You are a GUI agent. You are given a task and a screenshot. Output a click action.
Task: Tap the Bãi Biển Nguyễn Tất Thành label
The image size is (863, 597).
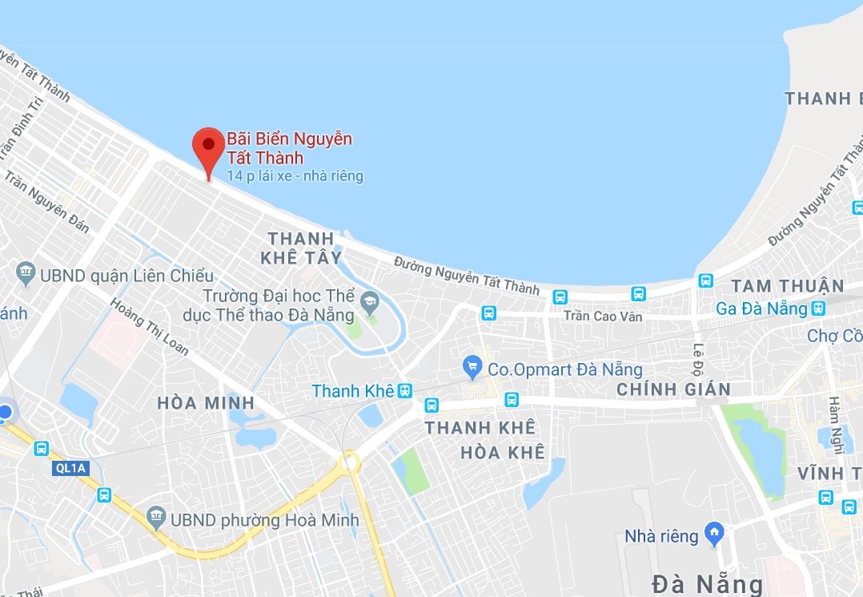(289, 148)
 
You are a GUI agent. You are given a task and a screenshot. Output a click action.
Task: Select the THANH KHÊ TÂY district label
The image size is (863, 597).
(301, 248)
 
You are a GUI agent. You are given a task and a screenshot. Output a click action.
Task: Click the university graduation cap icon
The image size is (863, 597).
(369, 303)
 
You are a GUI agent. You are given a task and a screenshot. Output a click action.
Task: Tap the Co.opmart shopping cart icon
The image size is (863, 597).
(472, 368)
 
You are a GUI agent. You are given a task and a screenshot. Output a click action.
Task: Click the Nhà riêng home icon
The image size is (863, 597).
(713, 533)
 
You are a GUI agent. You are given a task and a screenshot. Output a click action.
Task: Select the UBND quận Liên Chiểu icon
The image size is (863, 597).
(26, 274)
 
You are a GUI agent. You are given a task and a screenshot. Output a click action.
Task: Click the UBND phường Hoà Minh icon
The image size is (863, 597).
(157, 518)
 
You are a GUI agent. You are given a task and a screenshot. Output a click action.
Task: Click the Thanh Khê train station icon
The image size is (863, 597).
(405, 390)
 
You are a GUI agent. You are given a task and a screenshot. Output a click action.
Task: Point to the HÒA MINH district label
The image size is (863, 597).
(206, 403)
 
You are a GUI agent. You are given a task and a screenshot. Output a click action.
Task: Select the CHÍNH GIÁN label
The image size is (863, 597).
(673, 389)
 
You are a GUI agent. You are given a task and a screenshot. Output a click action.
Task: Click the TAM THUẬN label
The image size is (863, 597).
(788, 286)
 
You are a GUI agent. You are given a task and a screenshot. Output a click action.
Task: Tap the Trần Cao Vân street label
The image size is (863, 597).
(602, 317)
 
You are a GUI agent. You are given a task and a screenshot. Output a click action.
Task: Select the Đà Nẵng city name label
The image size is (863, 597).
(707, 583)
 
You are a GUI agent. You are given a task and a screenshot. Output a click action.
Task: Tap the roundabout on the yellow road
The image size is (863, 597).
(349, 461)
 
